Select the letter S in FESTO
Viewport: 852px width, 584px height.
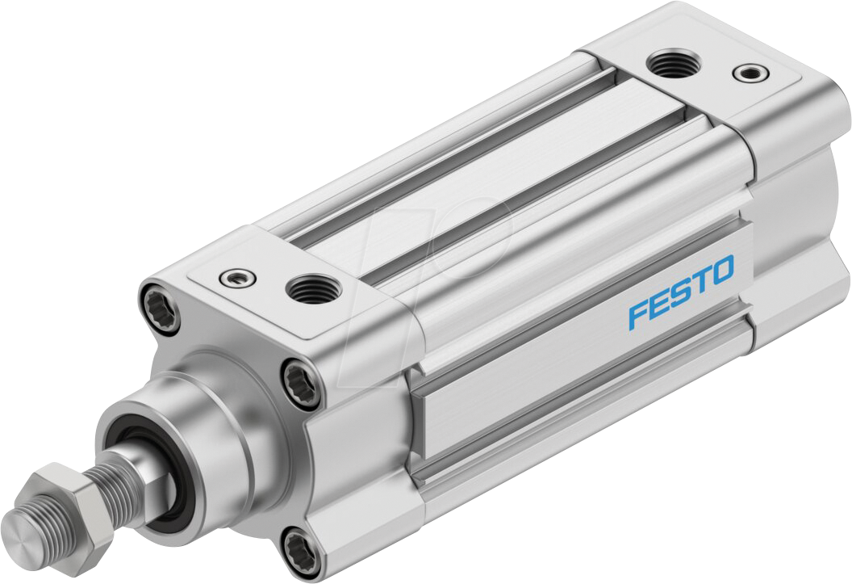(x=679, y=292)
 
